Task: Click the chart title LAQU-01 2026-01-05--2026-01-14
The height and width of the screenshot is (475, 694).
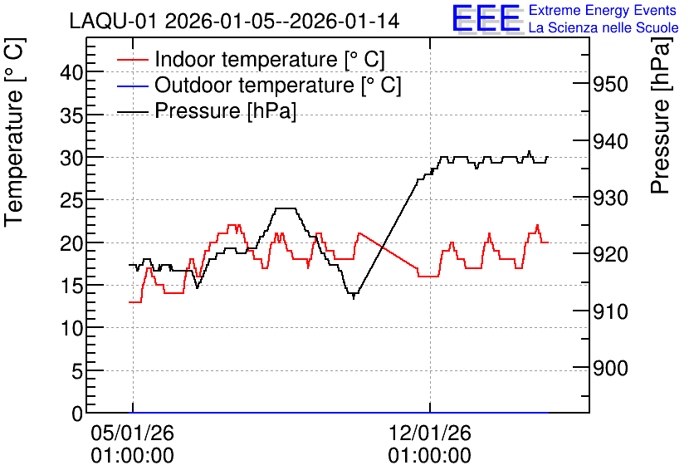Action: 234,21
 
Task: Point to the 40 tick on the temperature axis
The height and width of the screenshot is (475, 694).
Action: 71,72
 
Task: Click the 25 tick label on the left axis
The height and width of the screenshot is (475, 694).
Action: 71,200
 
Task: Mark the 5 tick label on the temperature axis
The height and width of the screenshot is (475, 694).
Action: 77,371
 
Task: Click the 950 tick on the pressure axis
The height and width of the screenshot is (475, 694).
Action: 610,84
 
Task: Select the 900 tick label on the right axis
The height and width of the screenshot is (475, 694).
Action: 610,368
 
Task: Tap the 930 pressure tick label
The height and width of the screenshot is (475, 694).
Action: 610,198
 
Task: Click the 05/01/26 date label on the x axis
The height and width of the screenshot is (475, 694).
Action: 132,433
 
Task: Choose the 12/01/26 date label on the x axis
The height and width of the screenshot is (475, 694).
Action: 430,433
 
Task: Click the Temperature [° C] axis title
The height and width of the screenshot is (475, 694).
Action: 14,132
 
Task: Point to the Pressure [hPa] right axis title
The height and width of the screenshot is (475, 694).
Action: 661,115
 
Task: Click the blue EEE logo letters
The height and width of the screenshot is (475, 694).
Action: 486,18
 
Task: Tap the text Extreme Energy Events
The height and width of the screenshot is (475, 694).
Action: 603,10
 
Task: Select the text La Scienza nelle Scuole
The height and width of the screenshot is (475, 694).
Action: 604,27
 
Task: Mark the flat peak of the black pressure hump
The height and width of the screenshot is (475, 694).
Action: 285,208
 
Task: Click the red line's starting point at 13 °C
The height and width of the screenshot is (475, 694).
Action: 130,302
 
